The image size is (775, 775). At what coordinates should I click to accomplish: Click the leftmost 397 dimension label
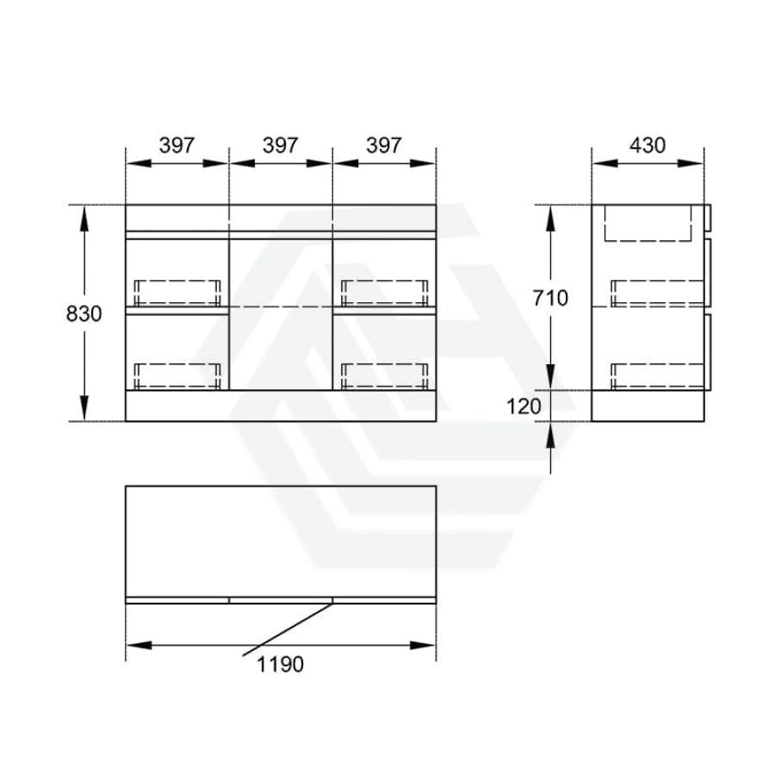pos(177,146)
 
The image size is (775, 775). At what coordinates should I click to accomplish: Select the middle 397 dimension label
pos(280,146)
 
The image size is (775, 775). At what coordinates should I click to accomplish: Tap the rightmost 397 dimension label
pos(384,146)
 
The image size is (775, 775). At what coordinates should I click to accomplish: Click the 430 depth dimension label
pos(648,146)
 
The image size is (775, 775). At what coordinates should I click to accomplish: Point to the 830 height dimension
pos(84,313)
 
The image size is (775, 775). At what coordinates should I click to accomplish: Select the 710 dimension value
pos(550,298)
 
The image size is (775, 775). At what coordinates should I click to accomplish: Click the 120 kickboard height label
pos(524,406)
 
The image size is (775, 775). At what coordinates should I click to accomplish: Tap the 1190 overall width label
pos(280,664)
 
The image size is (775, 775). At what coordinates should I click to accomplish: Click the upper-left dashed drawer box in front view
pos(177,293)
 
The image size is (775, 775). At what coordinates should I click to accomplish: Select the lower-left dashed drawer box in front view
pos(177,376)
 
